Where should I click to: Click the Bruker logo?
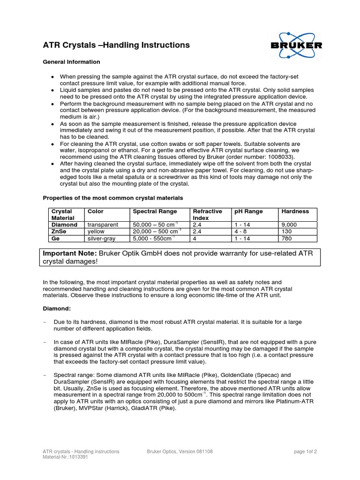296,45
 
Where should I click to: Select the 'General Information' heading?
71,62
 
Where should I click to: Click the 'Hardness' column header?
295,211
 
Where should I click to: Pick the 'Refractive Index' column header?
207,215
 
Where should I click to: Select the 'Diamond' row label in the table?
64,225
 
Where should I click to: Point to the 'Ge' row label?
56,238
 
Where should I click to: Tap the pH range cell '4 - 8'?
242,232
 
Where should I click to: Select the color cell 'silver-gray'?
102,238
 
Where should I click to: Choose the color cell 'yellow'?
97,232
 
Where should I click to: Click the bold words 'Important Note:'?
70,254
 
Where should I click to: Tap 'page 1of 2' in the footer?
305,452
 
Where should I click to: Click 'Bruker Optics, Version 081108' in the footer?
180,452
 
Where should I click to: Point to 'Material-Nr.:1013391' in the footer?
65,457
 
